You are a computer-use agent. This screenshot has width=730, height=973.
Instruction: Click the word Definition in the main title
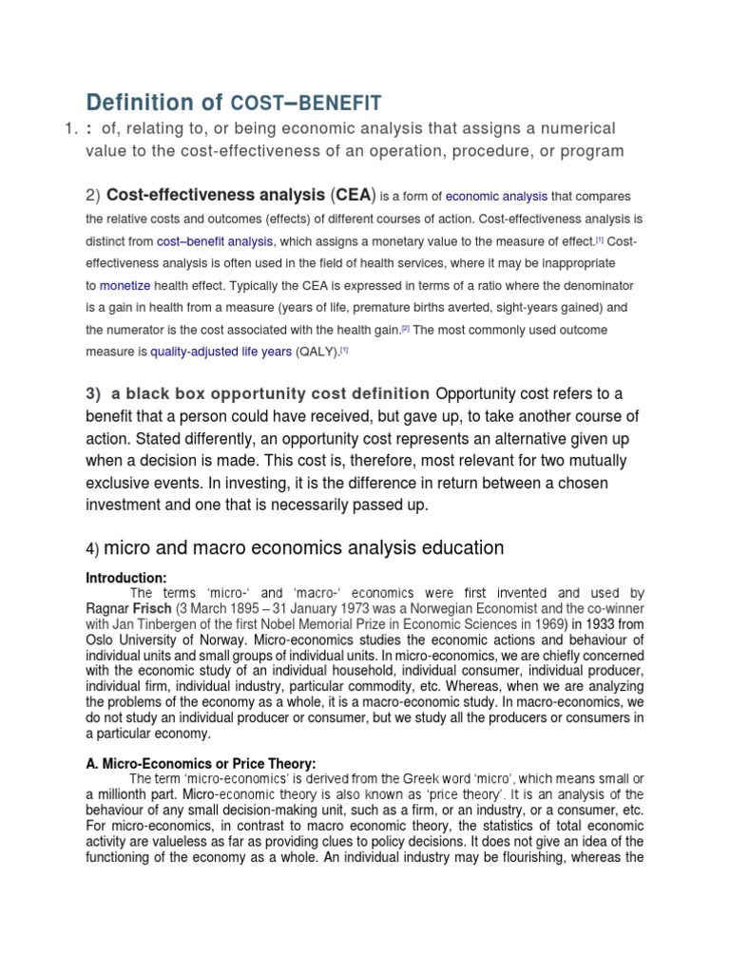click(x=153, y=102)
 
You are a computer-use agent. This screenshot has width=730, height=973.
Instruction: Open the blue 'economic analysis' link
click(x=496, y=197)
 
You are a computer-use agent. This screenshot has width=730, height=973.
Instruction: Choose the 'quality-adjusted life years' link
click(x=221, y=352)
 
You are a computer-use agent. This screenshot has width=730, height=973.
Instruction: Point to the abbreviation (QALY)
click(x=317, y=352)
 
